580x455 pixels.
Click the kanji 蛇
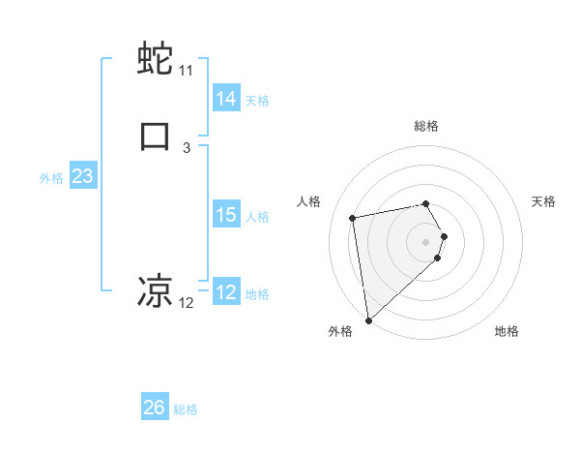[156, 60]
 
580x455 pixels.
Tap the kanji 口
[156, 136]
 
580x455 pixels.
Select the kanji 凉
[156, 290]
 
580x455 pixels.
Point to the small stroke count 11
[186, 71]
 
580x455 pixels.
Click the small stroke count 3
[186, 147]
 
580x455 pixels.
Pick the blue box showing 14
[225, 98]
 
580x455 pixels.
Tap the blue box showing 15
[225, 215]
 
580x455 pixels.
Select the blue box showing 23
[82, 176]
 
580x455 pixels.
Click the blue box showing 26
[154, 408]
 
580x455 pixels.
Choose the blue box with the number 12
[225, 292]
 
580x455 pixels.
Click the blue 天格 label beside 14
[257, 100]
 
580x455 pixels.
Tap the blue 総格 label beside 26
[186, 409]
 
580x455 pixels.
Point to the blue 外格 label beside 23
[51, 178]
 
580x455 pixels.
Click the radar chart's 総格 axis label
[426, 126]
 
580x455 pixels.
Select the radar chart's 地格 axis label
[507, 331]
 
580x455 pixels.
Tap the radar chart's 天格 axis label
[543, 201]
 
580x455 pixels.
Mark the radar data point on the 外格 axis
[368, 319]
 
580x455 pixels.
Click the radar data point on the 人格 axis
[353, 217]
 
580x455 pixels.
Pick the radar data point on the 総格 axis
[426, 203]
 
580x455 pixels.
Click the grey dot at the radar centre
[426, 241]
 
